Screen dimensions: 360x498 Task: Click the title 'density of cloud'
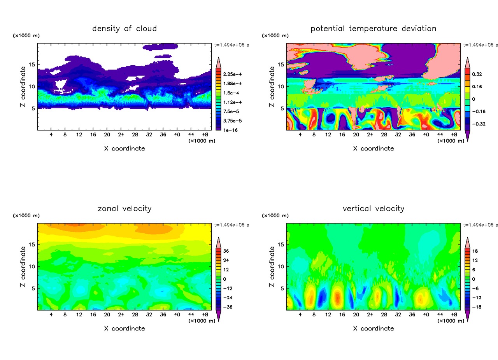(x=124, y=29)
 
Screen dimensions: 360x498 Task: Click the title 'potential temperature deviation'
(x=373, y=29)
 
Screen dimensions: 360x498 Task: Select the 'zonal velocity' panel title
(x=124, y=209)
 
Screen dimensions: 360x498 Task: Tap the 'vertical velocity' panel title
(x=373, y=209)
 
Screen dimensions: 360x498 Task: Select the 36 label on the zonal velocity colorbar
(x=226, y=251)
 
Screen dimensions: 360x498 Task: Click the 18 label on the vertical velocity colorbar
(x=475, y=251)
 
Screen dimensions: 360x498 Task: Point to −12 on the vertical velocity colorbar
(x=476, y=298)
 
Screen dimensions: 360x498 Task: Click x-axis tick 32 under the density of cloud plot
(x=149, y=135)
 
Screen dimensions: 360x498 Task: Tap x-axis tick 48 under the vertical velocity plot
(x=454, y=315)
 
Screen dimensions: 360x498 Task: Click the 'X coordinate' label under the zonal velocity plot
(x=124, y=329)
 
